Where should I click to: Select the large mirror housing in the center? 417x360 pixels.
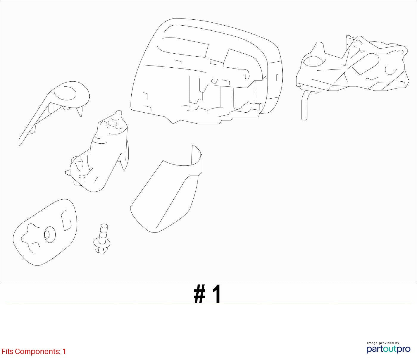[207, 71]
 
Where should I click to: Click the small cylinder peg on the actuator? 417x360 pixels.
[82, 179]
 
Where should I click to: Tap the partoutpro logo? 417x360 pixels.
[388, 350]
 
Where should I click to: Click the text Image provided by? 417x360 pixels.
[383, 343]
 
